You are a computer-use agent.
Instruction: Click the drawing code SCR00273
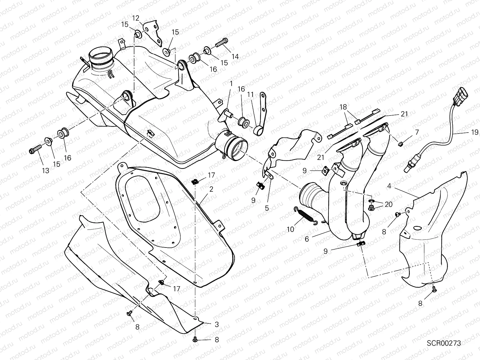[444, 343]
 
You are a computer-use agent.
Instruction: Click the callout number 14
[235, 56]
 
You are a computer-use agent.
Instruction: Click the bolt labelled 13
[35, 152]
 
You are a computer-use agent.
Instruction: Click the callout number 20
[388, 204]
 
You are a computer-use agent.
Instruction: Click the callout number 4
[389, 186]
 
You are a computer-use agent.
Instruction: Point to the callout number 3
[217, 325]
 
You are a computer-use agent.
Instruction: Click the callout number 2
[211, 189]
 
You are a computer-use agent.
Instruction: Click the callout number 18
[343, 107]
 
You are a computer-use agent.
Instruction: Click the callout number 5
[267, 208]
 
